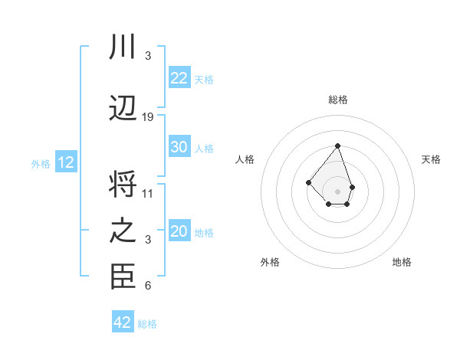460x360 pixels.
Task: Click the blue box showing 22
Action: tap(179, 78)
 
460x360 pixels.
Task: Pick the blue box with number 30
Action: tap(179, 147)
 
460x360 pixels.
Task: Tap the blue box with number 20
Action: tap(179, 231)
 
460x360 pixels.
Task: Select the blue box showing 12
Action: tap(66, 162)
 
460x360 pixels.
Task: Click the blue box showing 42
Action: tap(123, 322)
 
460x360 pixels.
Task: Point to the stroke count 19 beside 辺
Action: tap(148, 117)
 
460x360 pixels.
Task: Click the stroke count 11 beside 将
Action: tap(148, 194)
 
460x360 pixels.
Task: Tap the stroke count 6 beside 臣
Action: tap(148, 286)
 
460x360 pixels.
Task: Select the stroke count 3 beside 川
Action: tap(148, 56)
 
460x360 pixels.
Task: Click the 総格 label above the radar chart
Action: tap(337, 100)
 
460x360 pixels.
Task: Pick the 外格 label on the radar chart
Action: tap(270, 262)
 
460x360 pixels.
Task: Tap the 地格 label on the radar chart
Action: tap(402, 262)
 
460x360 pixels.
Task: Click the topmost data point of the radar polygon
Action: tap(337, 146)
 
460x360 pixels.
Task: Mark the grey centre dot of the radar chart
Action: tap(337, 191)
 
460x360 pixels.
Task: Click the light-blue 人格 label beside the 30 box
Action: tap(204, 148)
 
